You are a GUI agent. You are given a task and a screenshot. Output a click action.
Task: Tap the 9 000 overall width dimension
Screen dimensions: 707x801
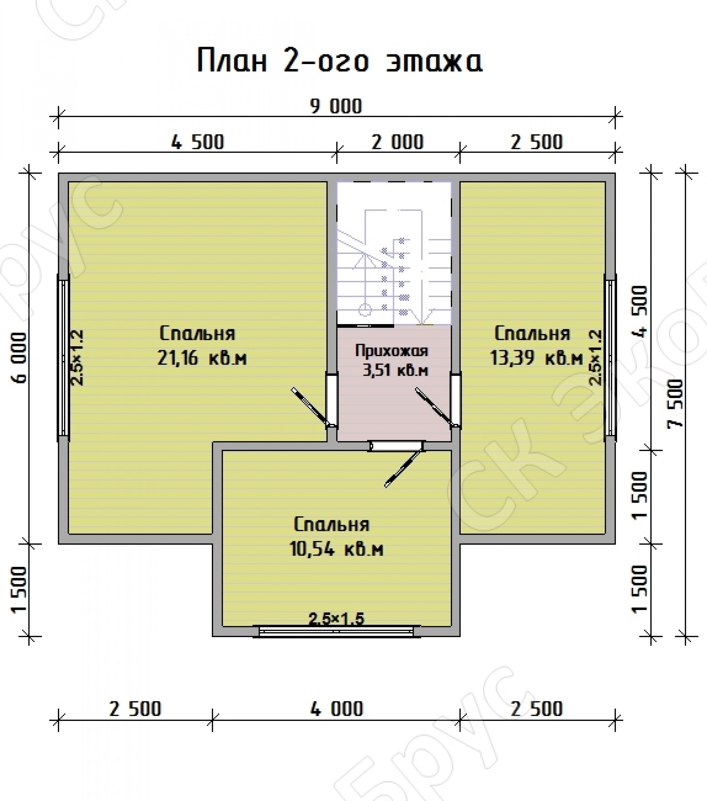[336, 107]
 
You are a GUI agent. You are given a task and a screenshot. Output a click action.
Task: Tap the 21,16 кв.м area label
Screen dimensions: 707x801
[202, 358]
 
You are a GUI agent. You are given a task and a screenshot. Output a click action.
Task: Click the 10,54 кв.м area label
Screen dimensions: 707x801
[336, 549]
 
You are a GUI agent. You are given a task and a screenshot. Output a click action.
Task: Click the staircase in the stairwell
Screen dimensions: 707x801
[394, 266]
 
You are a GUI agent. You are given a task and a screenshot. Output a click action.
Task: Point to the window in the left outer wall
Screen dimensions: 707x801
[64, 358]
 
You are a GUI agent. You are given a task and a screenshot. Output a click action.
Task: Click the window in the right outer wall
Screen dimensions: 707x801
[610, 358]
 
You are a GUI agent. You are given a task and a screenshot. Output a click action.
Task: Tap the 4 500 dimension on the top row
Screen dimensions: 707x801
[198, 142]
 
